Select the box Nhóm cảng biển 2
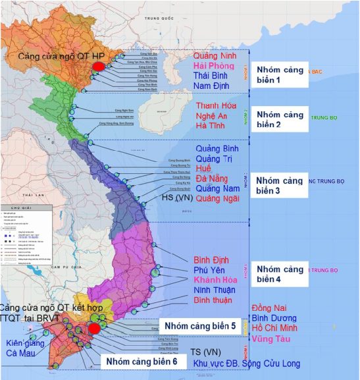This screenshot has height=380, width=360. pos(280,119)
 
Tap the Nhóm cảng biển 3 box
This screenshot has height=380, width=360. pos(280,185)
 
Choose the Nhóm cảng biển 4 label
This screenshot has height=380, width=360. pos(280,274)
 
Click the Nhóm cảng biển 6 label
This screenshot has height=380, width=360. pos(139,361)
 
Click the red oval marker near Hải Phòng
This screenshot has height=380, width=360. pos(98,67)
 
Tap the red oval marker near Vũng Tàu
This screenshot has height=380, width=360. pos(94,328)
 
